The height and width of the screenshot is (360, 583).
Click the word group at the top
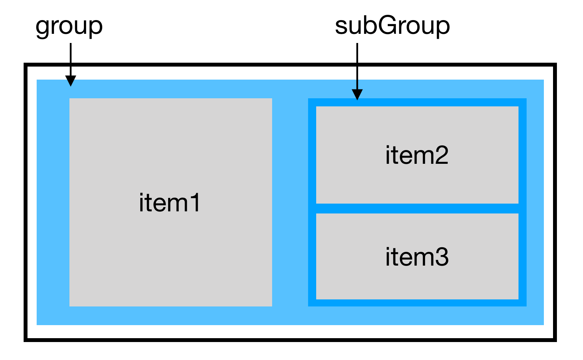point(69,27)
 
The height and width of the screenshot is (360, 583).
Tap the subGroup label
point(392,26)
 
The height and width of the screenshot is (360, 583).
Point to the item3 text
point(417,257)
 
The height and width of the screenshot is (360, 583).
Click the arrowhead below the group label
point(70,81)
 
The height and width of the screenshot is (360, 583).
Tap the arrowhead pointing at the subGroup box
point(357,94)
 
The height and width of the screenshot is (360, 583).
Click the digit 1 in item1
point(194,203)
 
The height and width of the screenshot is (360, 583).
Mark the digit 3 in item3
point(442,257)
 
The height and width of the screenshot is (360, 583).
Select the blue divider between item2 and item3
point(417,208)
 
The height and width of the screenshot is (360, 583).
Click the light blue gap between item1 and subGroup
point(290,202)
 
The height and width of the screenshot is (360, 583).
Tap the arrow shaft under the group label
point(70,59)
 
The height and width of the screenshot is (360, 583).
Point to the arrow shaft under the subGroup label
point(357,66)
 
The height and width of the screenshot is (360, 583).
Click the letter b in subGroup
point(370,25)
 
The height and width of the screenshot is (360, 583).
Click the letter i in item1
point(141,203)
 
